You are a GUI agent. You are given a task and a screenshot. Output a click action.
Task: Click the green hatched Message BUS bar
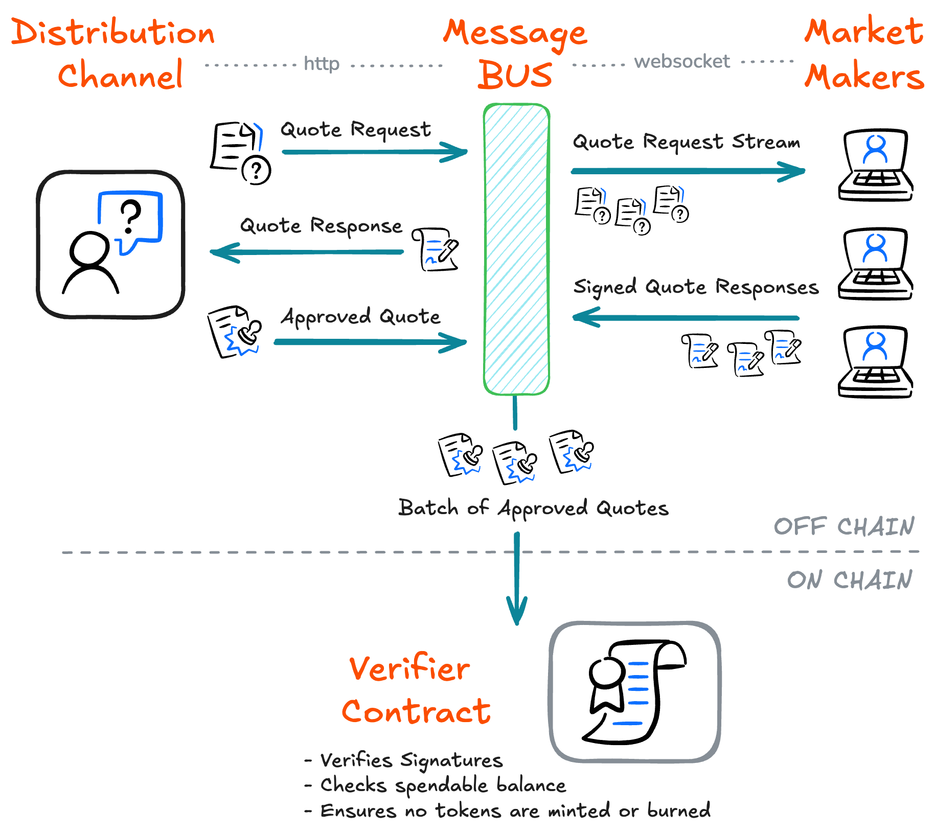[516, 249]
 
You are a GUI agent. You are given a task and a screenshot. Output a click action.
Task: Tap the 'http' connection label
[322, 64]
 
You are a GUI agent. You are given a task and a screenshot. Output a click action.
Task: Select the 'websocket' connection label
[682, 62]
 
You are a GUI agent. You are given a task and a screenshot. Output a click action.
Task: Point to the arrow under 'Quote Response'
[307, 252]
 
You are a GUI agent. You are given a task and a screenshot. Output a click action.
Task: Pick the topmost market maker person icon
[875, 149]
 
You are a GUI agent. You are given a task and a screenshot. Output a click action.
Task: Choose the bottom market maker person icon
[875, 346]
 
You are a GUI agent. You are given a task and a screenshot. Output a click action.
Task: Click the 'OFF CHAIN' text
[843, 527]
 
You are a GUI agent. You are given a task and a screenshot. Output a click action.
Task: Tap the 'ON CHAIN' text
[849, 580]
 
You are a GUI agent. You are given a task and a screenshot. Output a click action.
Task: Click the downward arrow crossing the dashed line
[517, 577]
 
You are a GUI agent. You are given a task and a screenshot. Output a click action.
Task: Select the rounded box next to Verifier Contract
[634, 692]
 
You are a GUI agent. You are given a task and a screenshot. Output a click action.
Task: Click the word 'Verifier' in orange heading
[409, 669]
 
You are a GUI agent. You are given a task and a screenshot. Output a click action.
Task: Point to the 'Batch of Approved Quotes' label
[533, 508]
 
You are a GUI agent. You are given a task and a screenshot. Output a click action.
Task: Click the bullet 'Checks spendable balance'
[443, 785]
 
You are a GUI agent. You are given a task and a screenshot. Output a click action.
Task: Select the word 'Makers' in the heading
[864, 77]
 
